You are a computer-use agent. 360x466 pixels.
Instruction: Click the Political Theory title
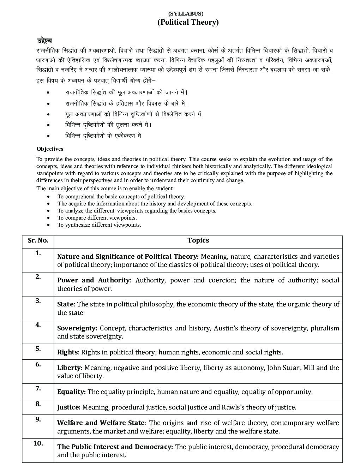tap(188, 22)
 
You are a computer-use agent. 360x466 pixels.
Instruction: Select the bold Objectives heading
tap(50, 149)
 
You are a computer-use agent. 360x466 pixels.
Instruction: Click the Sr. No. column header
tap(38, 240)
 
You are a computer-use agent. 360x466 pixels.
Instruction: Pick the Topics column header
tap(198, 240)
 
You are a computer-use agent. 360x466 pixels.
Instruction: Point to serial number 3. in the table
tap(38, 301)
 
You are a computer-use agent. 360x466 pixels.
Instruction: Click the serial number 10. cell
tap(38, 443)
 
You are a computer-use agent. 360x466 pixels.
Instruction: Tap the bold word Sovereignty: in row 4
tap(77, 328)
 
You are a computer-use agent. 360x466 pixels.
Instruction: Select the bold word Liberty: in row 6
tap(70, 368)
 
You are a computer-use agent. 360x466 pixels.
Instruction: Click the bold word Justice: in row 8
tap(69, 407)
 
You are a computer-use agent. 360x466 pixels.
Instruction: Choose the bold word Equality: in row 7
tap(71, 392)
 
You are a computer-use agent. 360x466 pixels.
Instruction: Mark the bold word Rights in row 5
tap(67, 352)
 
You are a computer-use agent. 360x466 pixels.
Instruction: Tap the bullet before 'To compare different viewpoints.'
tap(48, 218)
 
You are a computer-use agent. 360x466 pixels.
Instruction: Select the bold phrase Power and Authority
tap(93, 280)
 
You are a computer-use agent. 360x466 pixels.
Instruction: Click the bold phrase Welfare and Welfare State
tap(101, 423)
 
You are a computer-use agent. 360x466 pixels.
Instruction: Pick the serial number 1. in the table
tap(38, 253)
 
